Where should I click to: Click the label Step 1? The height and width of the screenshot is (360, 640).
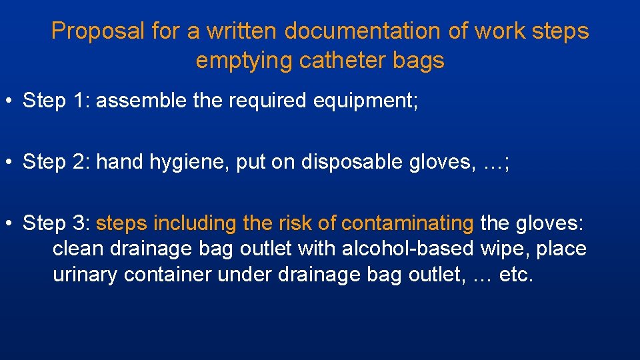[x=57, y=101]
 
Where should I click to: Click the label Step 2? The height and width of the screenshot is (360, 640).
[x=57, y=162]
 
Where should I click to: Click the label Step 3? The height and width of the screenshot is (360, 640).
[x=57, y=223]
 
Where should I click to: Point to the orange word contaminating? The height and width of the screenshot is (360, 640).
[x=407, y=223]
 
